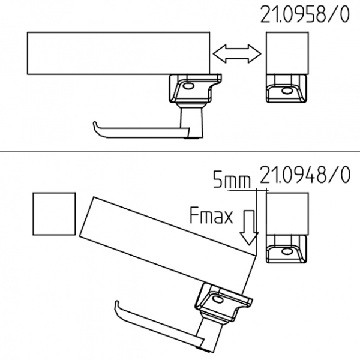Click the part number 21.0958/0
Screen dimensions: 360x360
305,14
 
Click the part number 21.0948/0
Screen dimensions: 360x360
305,175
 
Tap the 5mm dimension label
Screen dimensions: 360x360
232,180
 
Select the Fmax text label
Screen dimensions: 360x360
211,215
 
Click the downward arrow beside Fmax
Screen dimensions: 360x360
249,227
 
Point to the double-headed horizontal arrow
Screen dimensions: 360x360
237,54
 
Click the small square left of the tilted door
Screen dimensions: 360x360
54,214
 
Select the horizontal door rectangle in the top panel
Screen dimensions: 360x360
118,53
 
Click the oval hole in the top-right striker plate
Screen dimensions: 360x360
286,91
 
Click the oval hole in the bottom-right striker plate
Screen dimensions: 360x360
287,251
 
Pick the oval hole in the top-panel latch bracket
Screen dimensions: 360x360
189,86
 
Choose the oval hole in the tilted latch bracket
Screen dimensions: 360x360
217,299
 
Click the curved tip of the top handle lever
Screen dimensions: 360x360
95,125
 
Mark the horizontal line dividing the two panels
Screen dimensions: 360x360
180,152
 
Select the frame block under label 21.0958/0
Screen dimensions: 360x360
287,53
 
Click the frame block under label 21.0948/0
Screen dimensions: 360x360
287,214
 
